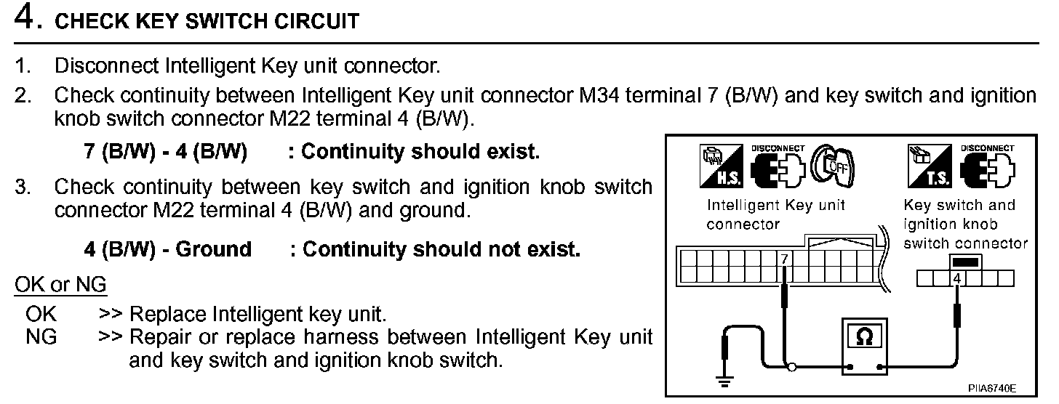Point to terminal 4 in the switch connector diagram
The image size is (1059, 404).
click(957, 279)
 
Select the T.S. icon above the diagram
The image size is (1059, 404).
click(929, 163)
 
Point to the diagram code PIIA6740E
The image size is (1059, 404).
click(993, 389)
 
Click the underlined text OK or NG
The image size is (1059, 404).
click(60, 285)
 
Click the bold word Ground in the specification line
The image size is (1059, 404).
click(213, 249)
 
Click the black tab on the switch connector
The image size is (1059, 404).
click(965, 262)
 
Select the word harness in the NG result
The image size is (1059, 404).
click(346, 337)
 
